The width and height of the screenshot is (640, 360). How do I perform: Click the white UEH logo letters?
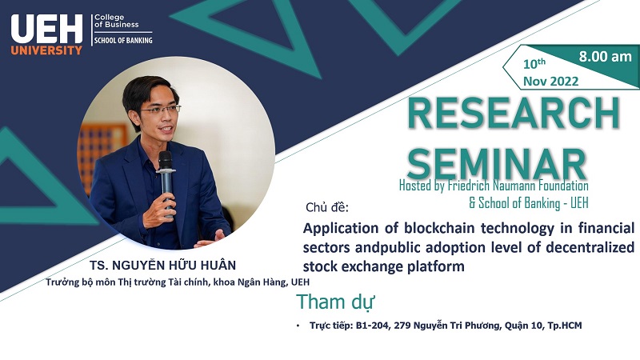(46, 29)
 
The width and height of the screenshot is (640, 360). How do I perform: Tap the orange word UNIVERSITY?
(46, 50)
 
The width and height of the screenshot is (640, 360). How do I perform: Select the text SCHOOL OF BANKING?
(123, 41)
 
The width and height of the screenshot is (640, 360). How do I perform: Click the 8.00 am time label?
(606, 56)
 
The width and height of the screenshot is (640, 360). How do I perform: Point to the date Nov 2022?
(550, 82)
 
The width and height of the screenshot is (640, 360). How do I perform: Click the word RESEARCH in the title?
(514, 113)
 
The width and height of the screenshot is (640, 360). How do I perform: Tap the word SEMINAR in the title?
(497, 163)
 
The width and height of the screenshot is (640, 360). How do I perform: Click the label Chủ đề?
(327, 207)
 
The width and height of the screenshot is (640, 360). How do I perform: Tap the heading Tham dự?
(335, 302)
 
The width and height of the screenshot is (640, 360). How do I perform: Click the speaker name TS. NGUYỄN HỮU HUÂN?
(163, 266)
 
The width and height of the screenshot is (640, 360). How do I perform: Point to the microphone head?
(166, 159)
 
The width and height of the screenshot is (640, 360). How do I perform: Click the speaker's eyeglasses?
(161, 110)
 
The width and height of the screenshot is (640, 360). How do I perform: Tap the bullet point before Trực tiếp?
(298, 326)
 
